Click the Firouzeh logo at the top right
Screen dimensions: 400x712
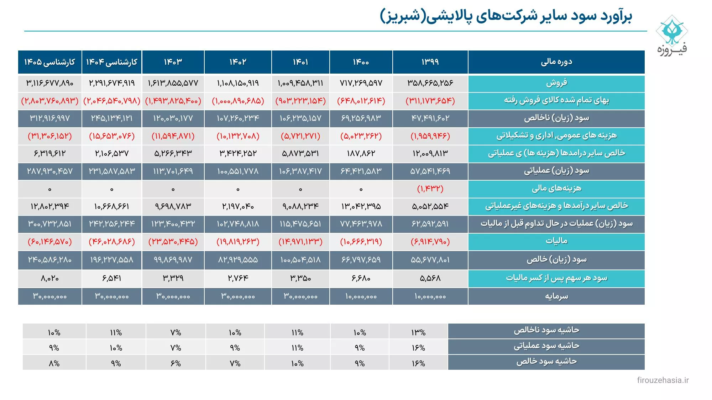672,35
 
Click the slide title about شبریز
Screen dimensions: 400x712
506,16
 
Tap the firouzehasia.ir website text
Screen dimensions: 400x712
663,380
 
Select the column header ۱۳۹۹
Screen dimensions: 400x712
430,62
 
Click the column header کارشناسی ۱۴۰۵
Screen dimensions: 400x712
49,62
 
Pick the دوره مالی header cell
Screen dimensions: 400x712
556,62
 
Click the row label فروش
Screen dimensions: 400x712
556,83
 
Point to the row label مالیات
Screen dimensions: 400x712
556,241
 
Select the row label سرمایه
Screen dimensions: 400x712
556,296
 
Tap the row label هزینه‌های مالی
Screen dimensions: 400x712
556,188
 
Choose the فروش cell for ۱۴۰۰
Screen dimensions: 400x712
361,83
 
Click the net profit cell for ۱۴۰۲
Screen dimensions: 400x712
238,260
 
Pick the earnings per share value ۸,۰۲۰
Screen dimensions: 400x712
49,278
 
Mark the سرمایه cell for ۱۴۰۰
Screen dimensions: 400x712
361,296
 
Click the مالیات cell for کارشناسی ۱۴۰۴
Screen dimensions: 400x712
112,242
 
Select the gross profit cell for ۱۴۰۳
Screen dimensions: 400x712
173,118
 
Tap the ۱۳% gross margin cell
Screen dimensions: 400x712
418,332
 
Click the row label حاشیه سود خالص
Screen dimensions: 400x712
546,362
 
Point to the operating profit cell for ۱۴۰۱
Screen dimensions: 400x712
300,171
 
